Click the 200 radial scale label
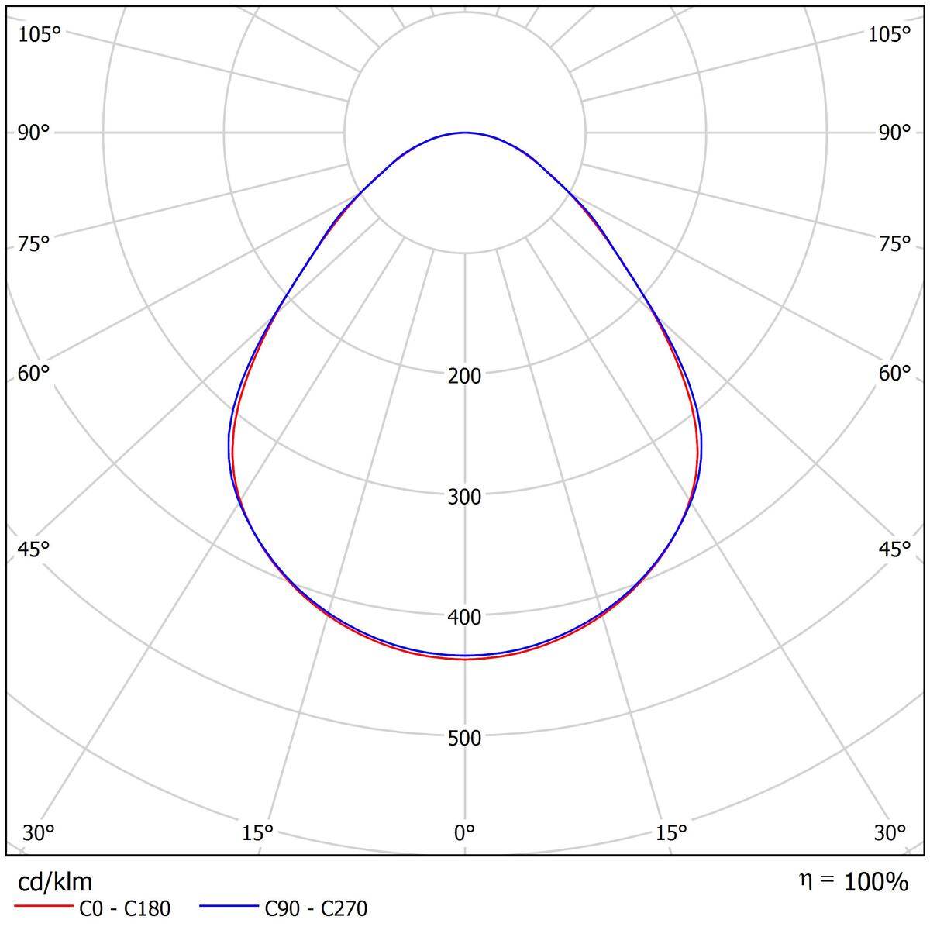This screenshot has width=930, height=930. pos(464,376)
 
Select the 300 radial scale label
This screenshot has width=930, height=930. pos(464,497)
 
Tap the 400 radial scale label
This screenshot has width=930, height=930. pos(464,617)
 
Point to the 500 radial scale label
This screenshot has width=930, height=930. pos(464,737)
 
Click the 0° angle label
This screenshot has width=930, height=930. pos(464,833)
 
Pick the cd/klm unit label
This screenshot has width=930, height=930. pos(55,882)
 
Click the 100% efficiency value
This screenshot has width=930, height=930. pos(876,882)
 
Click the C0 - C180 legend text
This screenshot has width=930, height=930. pos(125,908)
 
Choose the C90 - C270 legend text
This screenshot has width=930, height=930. pos(316,908)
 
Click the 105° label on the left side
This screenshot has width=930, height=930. pos(40,34)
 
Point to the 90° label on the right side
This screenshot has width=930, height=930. pos(894,133)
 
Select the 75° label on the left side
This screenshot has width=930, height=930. pos(33,244)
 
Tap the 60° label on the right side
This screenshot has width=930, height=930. pos(894,374)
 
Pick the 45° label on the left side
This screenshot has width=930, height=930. pos(33,549)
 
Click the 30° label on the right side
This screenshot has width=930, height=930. pos(890,833)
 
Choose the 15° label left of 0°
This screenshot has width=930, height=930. pos(257,833)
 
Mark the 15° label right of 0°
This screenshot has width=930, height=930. pos(671,833)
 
